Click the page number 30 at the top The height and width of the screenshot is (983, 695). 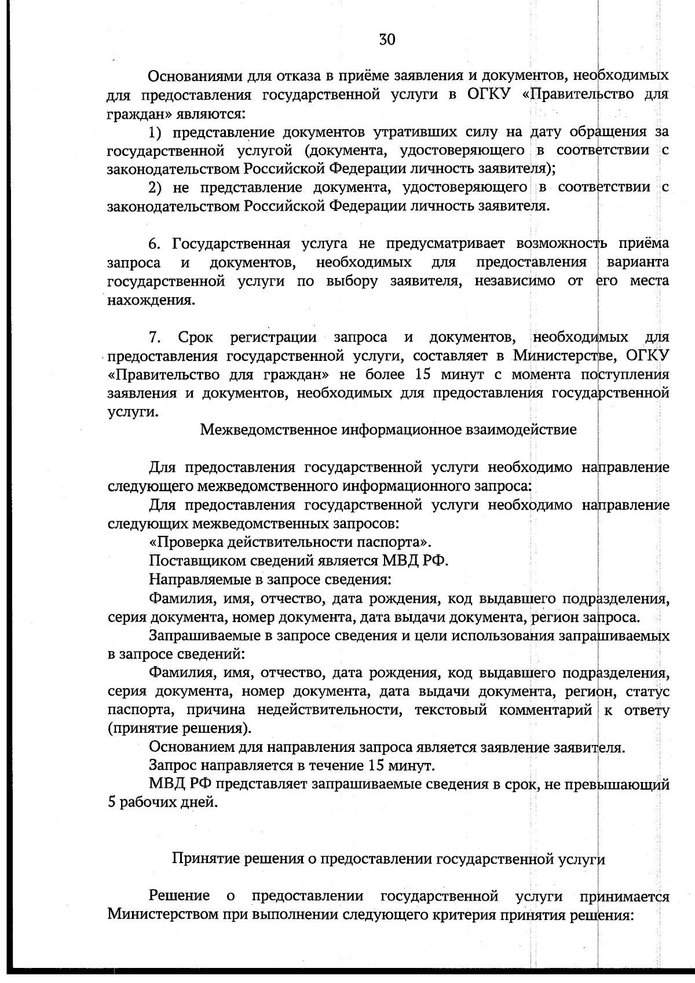387,39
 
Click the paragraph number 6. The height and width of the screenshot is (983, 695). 153,243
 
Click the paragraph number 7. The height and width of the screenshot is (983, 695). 153,337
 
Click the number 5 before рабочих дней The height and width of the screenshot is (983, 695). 112,804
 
